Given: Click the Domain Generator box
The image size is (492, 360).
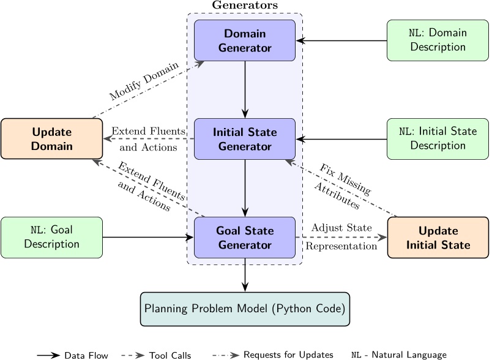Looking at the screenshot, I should [x=245, y=39].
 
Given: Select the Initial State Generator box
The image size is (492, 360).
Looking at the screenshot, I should [x=245, y=139].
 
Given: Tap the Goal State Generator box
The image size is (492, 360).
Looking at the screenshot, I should [x=245, y=238].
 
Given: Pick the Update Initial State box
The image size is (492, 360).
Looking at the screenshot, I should [x=438, y=238].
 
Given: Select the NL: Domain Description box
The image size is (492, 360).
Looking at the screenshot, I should [x=438, y=40].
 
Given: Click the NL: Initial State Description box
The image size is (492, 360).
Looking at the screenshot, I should [x=438, y=139].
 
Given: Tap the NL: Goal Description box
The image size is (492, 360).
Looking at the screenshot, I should [x=51, y=238].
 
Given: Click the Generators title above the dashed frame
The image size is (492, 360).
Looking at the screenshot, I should [x=245, y=5].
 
